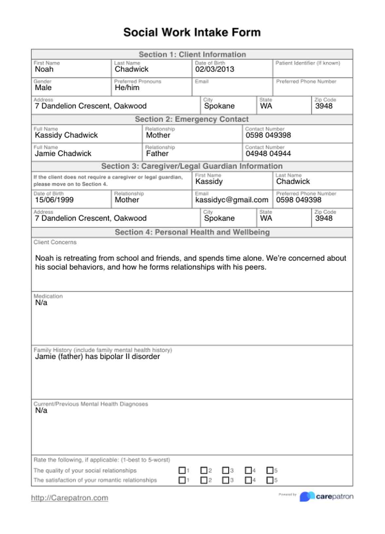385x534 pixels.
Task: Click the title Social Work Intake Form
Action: pyautogui.click(x=192, y=32)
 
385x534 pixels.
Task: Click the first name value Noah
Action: pyautogui.click(x=44, y=69)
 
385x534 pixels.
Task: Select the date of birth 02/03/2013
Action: pyautogui.click(x=215, y=69)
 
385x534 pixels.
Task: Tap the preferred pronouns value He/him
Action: pyautogui.click(x=127, y=87)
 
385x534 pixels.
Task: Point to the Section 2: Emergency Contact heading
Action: pyautogui.click(x=192, y=119)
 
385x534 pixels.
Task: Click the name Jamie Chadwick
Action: pyautogui.click(x=63, y=153)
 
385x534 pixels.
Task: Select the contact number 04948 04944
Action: pyautogui.click(x=268, y=153)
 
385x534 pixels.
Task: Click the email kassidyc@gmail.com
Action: pyautogui.click(x=232, y=200)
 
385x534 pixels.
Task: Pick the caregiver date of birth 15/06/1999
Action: pyautogui.click(x=54, y=200)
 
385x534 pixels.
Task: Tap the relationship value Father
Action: pyautogui.click(x=157, y=153)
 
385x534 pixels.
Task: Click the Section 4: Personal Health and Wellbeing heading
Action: pyautogui.click(x=192, y=232)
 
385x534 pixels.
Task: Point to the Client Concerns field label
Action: pyautogui.click(x=55, y=242)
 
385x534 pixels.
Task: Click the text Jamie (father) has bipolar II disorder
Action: pyautogui.click(x=98, y=356)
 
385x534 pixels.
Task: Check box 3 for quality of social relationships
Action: pyautogui.click(x=226, y=470)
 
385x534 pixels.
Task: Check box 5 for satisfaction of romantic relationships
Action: pyautogui.click(x=270, y=480)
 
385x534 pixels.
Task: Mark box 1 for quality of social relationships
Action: pyautogui.click(x=182, y=470)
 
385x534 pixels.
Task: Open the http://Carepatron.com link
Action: pyautogui.click(x=69, y=498)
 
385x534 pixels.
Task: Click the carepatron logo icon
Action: pyautogui.click(x=307, y=497)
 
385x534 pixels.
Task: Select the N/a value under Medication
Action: pyautogui.click(x=41, y=303)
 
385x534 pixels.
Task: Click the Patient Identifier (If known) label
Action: pyautogui.click(x=308, y=63)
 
